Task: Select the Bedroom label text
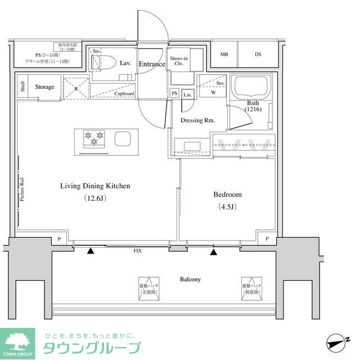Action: [x=227, y=195]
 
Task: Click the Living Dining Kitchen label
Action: [x=95, y=186]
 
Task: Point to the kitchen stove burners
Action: [x=93, y=137]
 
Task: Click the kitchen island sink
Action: [x=123, y=138]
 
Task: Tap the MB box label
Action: [x=224, y=54]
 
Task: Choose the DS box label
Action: [x=258, y=54]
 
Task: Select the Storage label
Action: [x=44, y=87]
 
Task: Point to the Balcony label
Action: [x=190, y=279]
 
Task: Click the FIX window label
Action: [x=137, y=251]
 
